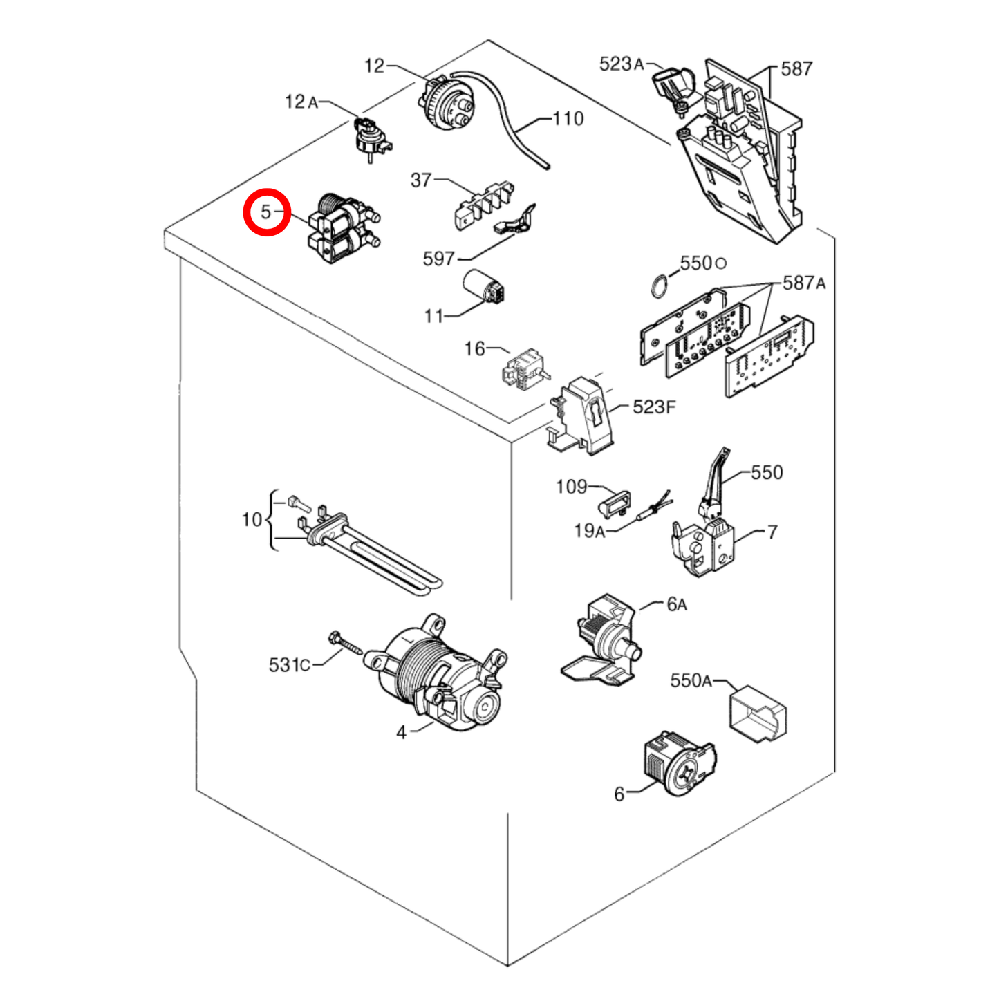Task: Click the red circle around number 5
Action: pos(266,212)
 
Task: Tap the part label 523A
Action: pos(622,64)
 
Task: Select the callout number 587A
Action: pos(803,283)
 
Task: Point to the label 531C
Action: pos(289,664)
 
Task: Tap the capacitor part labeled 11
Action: pos(486,286)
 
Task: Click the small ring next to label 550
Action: pos(658,287)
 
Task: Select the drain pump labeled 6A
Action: pos(602,642)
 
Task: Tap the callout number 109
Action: pos(571,487)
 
